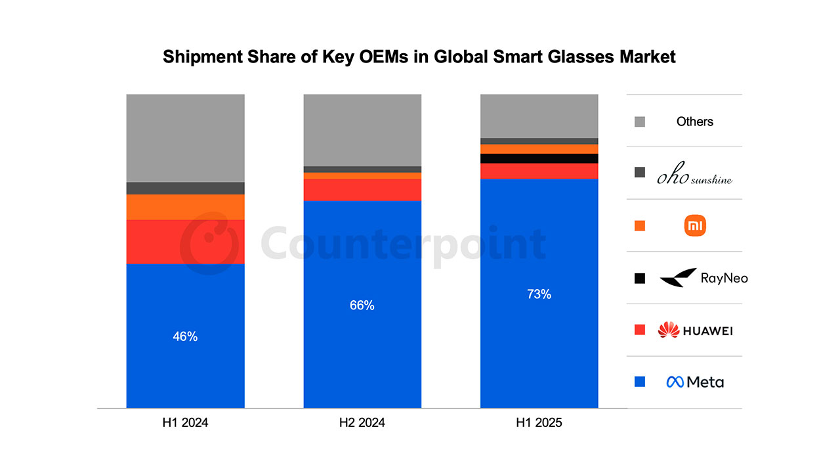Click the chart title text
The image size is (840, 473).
pos(419,57)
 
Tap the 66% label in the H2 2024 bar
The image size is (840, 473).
pos(362,305)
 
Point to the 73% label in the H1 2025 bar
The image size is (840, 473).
pos(539,294)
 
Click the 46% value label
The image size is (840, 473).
pos(185,336)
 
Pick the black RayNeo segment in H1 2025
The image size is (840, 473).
pos(539,158)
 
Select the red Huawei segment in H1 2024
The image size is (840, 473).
pos(185,242)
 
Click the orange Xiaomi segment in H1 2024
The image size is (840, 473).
pos(185,207)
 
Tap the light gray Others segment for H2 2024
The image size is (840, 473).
pos(362,130)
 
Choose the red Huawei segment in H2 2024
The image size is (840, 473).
pos(362,189)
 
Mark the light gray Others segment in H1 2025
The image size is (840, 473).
pos(539,116)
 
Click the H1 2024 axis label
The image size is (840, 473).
pos(185,423)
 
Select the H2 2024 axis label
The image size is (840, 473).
pos(362,423)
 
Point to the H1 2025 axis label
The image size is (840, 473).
pos(539,423)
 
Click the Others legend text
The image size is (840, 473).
pos(694,122)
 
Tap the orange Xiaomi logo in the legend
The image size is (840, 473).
pos(695,226)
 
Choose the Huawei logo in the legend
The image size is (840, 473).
pos(695,330)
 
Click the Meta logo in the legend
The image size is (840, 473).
pos(695,382)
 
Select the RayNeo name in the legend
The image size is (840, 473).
pos(724,278)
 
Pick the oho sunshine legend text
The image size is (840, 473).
pos(695,177)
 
